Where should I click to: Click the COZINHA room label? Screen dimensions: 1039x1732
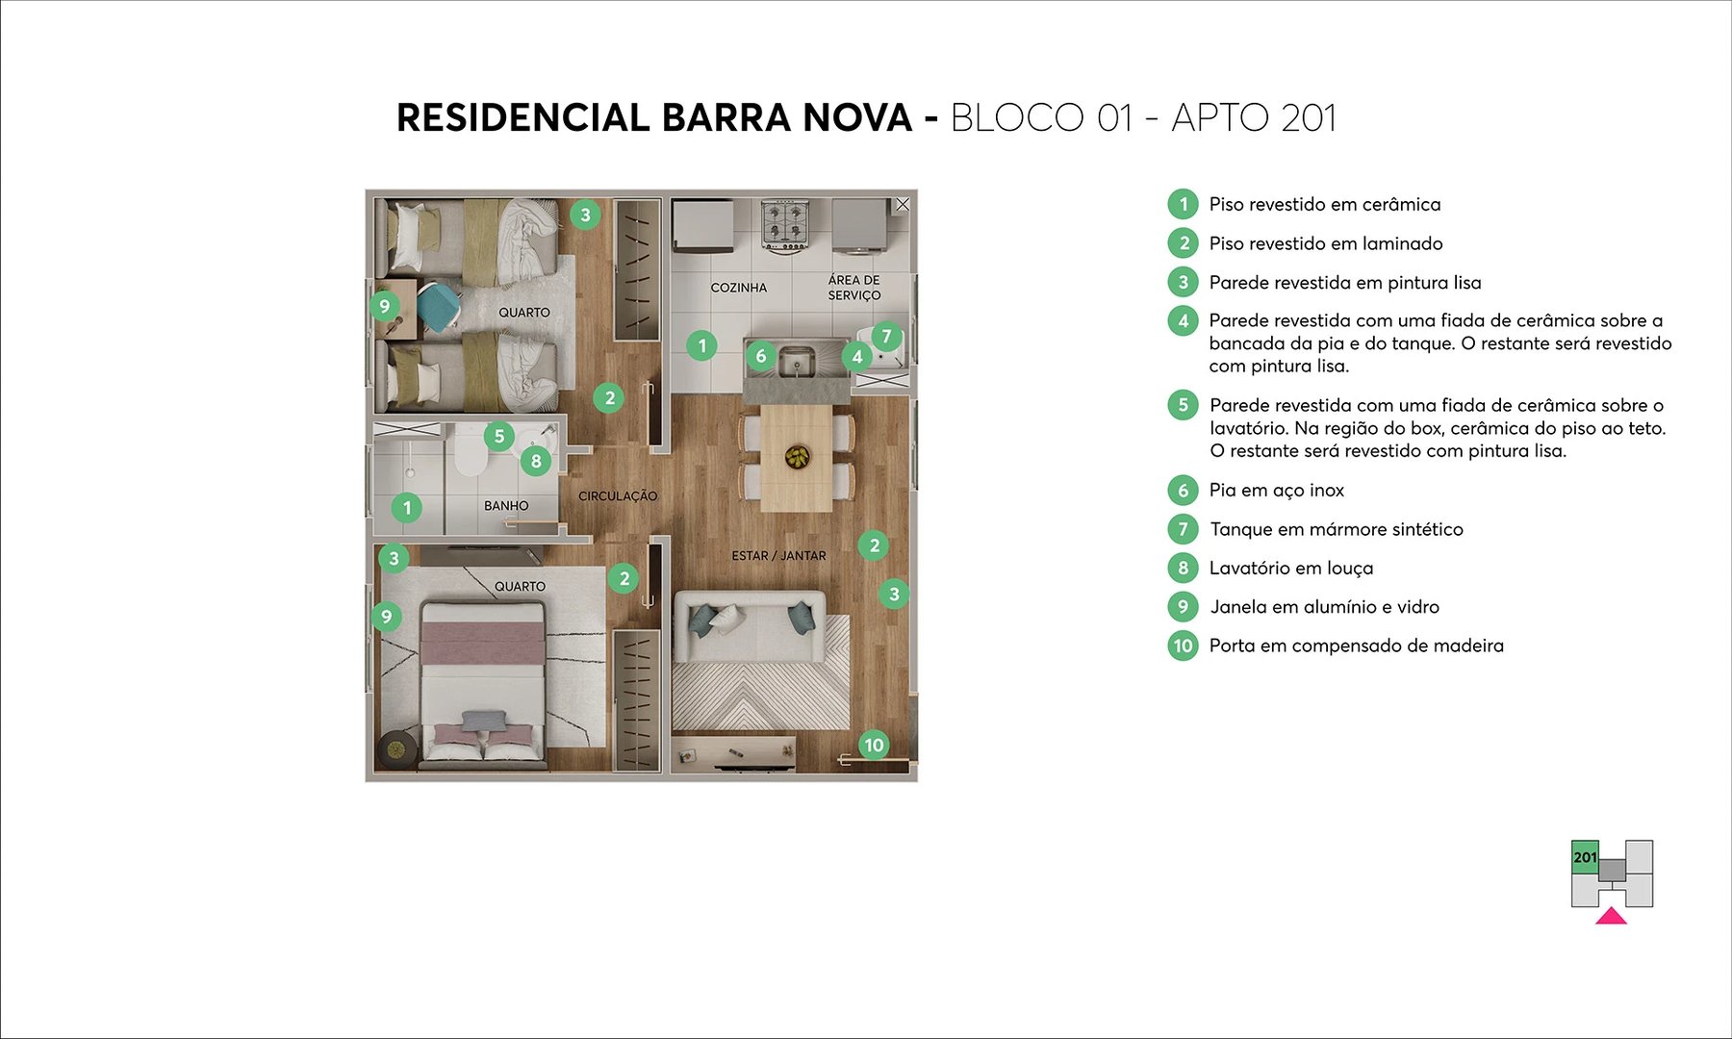(738, 288)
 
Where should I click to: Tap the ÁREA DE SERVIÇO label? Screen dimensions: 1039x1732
(853, 288)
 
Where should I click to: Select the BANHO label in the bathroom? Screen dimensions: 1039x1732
(506, 505)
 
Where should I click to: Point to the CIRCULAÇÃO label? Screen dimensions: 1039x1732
(618, 496)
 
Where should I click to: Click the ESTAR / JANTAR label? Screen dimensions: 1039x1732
(778, 556)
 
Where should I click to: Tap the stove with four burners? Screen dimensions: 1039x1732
(783, 225)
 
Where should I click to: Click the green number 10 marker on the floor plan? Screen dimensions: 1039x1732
(874, 745)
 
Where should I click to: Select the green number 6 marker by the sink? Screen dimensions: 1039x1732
(760, 356)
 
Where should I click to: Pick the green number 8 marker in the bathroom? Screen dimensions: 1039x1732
(536, 461)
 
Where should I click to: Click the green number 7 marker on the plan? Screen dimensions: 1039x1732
(886, 337)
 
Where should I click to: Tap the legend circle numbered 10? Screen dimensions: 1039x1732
(1183, 646)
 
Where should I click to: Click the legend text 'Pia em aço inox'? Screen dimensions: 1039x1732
(1276, 491)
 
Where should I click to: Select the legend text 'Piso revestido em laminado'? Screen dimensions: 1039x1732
(1325, 243)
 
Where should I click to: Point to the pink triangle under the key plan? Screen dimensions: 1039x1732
(1611, 916)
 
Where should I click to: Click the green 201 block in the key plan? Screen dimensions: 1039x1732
(1585, 856)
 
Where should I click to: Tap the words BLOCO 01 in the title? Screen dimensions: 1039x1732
(1041, 118)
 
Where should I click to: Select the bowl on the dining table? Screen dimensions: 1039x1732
(797, 456)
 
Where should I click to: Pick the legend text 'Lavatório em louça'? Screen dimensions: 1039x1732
(1290, 569)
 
